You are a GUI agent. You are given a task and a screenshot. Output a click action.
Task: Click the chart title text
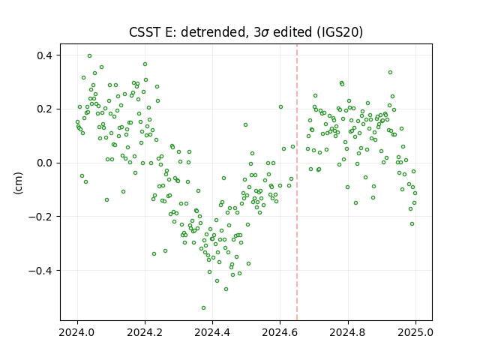coord(246,32)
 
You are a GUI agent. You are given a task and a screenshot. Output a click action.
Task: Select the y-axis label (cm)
coord(18,183)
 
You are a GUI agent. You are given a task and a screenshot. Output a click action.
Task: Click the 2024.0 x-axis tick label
coord(77,332)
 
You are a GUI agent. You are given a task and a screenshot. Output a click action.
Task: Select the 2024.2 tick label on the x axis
coord(145,332)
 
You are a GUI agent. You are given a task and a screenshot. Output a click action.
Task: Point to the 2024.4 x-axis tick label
coord(212,332)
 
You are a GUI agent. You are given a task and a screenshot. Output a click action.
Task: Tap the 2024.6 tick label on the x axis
coord(280,332)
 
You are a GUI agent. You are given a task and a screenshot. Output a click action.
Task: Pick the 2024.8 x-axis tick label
coord(348,332)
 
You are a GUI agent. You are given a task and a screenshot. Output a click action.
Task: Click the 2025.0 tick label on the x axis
coord(415,332)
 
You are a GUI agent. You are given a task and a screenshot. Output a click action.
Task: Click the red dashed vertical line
coord(297,182)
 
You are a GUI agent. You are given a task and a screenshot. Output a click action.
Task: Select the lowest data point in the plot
coord(203,307)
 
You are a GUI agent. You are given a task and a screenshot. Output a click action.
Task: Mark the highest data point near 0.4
coord(90,56)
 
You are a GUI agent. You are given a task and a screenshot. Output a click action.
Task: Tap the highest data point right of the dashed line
coord(390,73)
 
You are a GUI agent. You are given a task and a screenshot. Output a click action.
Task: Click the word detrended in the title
coord(214,32)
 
